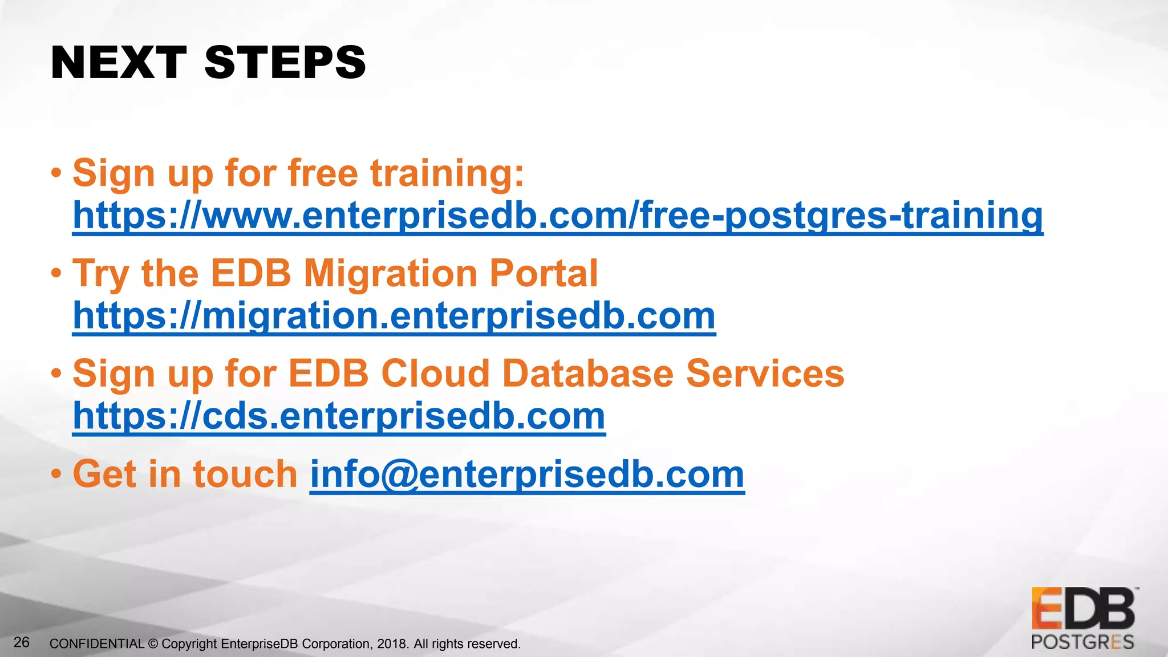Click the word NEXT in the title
click(119, 63)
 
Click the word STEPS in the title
click(285, 63)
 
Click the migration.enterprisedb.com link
click(394, 316)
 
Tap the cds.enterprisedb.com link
click(339, 416)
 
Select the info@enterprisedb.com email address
click(527, 474)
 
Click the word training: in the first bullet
click(447, 173)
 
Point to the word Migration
click(390, 273)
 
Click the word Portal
click(544, 273)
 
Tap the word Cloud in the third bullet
click(435, 374)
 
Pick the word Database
click(587, 374)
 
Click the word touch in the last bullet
click(245, 474)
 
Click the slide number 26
click(22, 643)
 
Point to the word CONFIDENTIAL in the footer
click(97, 644)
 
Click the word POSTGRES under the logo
click(1082, 643)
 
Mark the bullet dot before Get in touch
click(56, 473)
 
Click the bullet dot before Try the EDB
click(56, 273)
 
